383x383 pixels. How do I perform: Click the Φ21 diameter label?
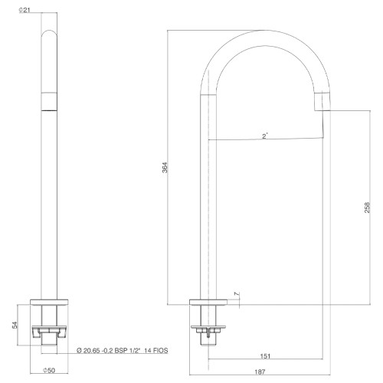(25, 11)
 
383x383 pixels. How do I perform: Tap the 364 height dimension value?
(165, 168)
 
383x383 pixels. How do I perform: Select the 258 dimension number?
(367, 208)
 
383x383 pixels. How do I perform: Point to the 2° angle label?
(265, 136)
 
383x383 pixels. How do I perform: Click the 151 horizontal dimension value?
(265, 355)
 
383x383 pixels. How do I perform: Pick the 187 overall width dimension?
(260, 372)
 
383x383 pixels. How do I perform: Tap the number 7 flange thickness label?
(237, 294)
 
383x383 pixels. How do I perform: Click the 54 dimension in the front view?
(15, 325)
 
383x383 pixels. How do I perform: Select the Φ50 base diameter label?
(49, 370)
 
